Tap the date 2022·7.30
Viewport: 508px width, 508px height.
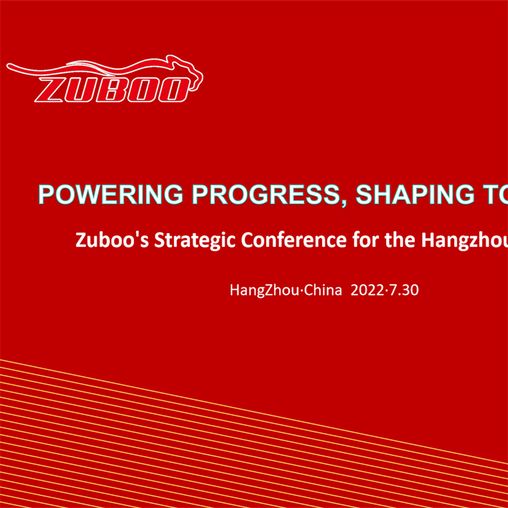pos(385,291)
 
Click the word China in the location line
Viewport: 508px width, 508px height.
pos(319,291)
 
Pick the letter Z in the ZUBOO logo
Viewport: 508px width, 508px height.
pos(52,90)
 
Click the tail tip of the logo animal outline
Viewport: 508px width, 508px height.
pos(9,65)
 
